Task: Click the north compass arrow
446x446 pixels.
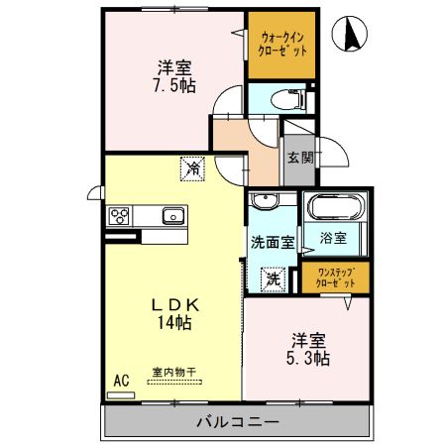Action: [350, 36]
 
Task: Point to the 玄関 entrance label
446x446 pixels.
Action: [300, 157]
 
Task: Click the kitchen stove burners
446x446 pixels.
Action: [121, 215]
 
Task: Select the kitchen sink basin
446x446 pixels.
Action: [172, 215]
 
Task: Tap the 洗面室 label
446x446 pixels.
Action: [271, 240]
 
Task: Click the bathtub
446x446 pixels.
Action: [336, 208]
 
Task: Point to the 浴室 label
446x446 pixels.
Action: [334, 239]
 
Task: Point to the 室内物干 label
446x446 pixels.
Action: [173, 373]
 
